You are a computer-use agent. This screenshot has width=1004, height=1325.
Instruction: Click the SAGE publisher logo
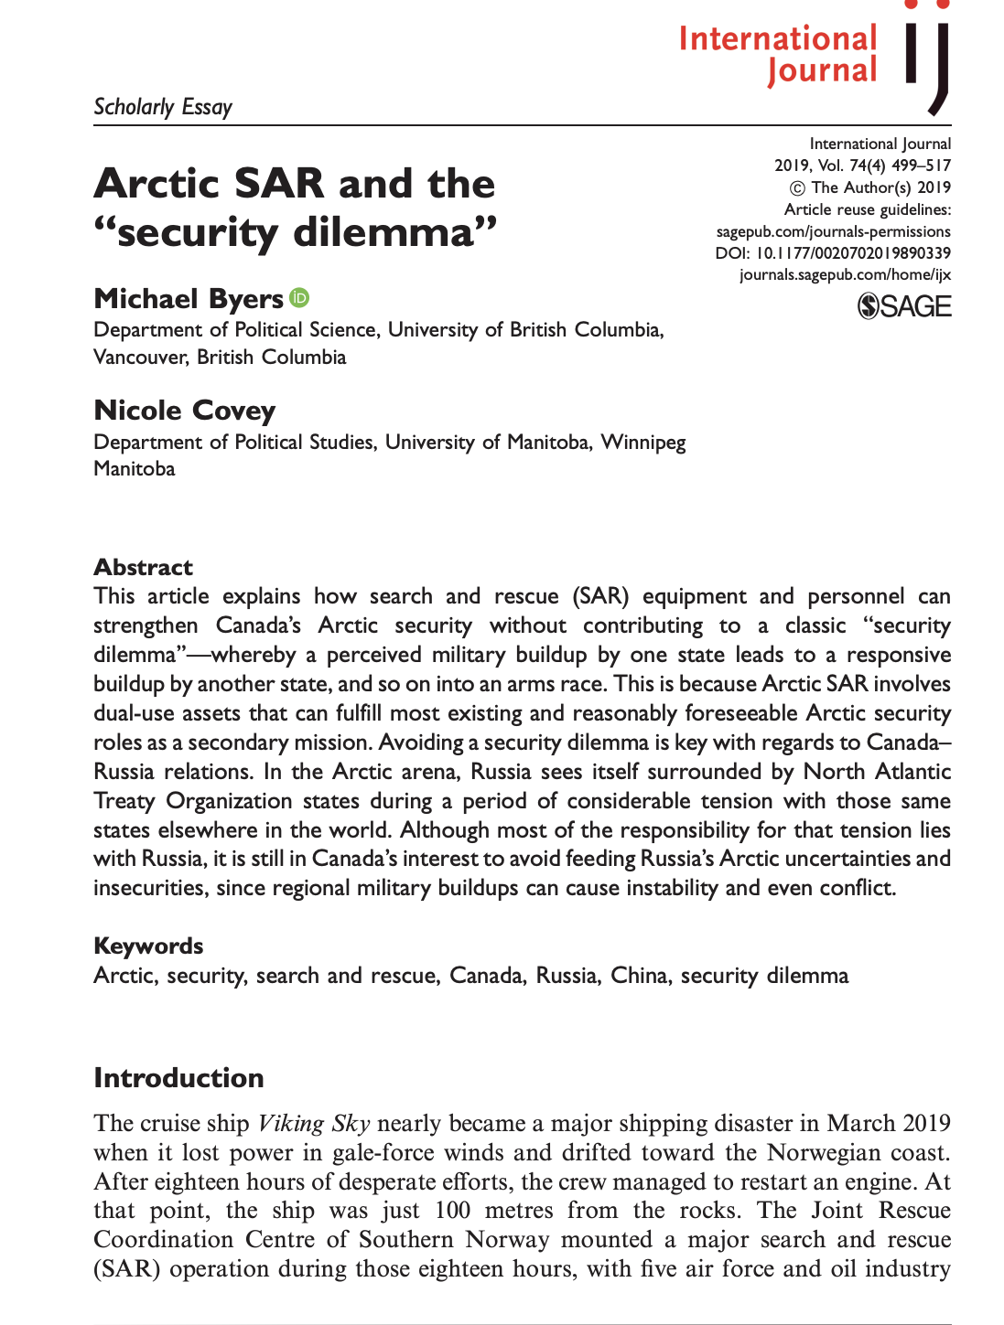[904, 306]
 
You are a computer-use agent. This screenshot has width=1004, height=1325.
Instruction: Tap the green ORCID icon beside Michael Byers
[299, 297]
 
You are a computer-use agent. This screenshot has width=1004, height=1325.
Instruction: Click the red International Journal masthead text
[778, 54]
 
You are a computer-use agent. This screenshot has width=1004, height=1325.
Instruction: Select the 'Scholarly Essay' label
[163, 107]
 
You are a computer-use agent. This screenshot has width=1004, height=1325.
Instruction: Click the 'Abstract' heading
[143, 567]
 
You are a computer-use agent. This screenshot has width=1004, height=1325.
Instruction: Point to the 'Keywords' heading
[148, 946]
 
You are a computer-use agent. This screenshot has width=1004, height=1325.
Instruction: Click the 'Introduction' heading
[178, 1077]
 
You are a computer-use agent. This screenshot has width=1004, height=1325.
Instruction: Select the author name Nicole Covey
[184, 411]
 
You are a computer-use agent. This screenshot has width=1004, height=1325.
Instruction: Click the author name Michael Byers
[189, 299]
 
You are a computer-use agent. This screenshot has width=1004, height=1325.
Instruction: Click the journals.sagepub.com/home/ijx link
[845, 274]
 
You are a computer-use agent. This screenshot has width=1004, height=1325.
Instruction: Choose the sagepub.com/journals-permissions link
[833, 231]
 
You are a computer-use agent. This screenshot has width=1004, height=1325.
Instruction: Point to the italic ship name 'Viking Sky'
[314, 1123]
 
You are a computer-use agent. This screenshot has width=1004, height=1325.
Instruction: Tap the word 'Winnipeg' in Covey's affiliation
[642, 443]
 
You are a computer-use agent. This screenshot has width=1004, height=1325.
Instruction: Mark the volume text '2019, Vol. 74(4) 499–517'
[862, 166]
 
